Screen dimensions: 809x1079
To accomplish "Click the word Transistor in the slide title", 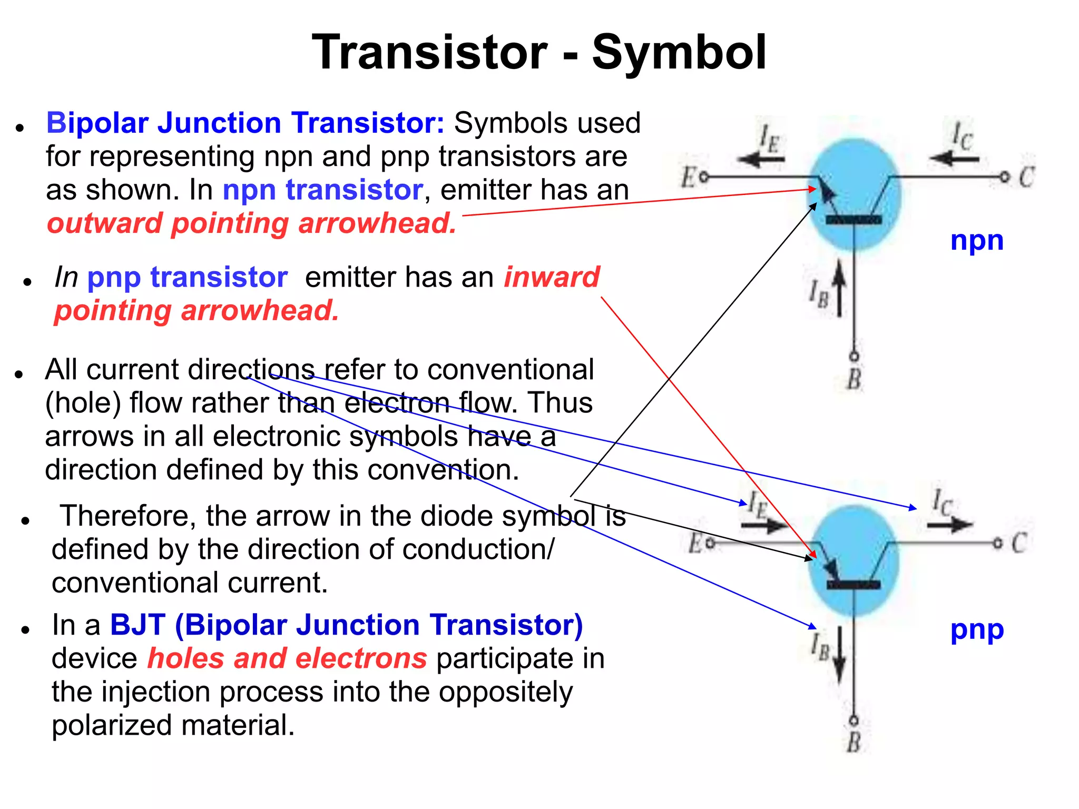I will click(x=429, y=53).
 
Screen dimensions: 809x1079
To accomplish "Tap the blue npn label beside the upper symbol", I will click(x=976, y=241).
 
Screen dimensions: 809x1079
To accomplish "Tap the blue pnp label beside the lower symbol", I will click(x=976, y=630).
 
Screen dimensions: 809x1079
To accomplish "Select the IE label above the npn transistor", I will click(x=769, y=138).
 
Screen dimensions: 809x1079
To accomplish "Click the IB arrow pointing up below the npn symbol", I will click(x=839, y=290).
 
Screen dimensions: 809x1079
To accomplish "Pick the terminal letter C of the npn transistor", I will click(x=1026, y=177).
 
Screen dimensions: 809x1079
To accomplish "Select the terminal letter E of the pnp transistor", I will click(x=695, y=543).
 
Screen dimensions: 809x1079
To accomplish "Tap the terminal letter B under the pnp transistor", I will click(x=854, y=742).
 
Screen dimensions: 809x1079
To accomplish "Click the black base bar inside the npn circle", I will click(x=853, y=220).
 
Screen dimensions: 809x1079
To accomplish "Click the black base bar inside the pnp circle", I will click(x=853, y=585).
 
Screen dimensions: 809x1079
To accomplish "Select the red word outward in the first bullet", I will click(x=104, y=223).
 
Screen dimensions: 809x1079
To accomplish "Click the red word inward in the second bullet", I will click(x=552, y=277).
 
